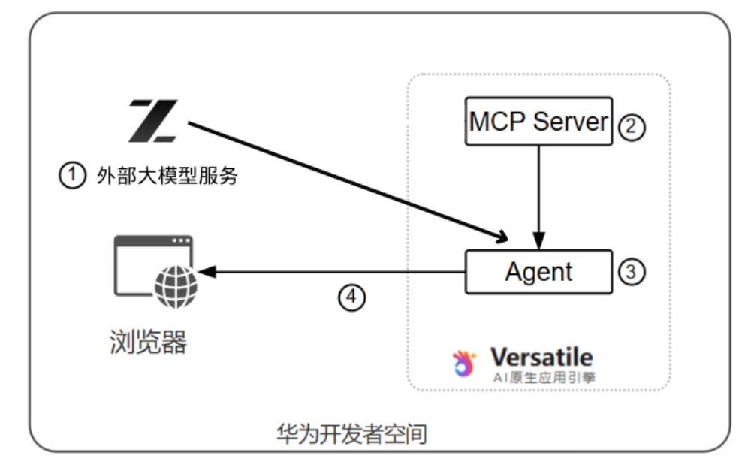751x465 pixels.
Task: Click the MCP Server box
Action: pyautogui.click(x=538, y=122)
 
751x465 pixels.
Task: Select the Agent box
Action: pyautogui.click(x=538, y=272)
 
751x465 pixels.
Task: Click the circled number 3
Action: pyautogui.click(x=632, y=272)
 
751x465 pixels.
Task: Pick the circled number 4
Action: pyautogui.click(x=351, y=297)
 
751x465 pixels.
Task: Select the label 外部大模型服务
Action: pyautogui.click(x=167, y=177)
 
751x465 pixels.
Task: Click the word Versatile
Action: pyautogui.click(x=541, y=357)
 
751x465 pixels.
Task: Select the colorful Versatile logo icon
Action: pyautogui.click(x=466, y=363)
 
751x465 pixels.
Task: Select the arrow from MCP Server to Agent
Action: pyautogui.click(x=538, y=195)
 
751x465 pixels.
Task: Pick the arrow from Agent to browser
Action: pyautogui.click(x=330, y=272)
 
